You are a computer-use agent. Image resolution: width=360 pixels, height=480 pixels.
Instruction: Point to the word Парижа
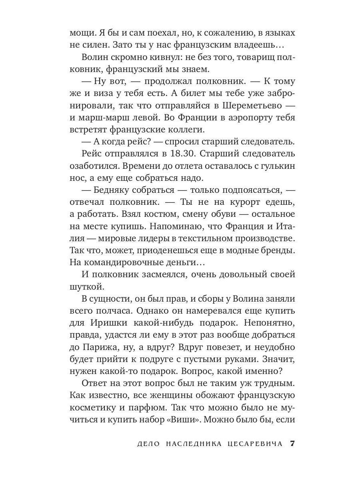(x=100, y=346)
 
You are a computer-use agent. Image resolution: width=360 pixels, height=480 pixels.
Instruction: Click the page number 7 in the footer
(x=292, y=444)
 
